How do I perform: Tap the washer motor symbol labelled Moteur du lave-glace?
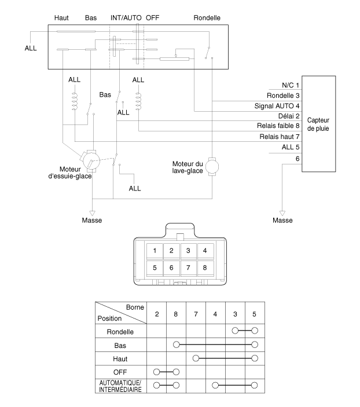(212, 167)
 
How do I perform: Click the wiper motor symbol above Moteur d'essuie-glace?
(91, 161)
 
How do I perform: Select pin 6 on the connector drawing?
(171, 267)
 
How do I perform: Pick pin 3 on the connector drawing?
(188, 251)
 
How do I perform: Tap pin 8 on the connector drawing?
(205, 267)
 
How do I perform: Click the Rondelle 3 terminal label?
(283, 96)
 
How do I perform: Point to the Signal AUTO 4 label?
(277, 106)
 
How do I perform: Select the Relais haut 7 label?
(280, 137)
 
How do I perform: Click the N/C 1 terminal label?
(291, 85)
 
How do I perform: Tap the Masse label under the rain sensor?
(282, 221)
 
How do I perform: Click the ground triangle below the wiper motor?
(92, 214)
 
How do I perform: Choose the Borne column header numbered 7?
(196, 314)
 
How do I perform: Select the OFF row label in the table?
(120, 372)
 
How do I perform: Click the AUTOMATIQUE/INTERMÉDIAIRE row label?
(120, 386)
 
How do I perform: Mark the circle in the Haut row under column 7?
(196, 358)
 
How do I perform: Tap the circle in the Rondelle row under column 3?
(235, 331)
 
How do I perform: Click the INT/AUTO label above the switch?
(126, 18)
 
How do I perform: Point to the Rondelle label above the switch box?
(207, 18)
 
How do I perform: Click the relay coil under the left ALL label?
(75, 101)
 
